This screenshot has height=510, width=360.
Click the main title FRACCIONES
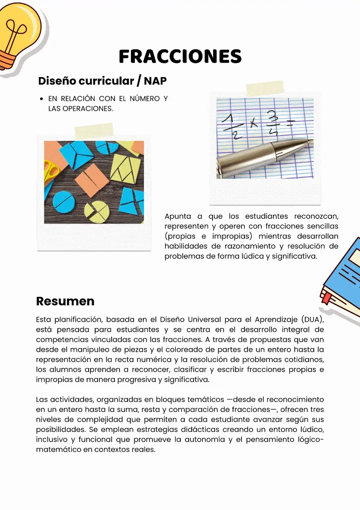tap(180, 56)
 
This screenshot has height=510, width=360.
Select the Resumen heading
tap(65, 301)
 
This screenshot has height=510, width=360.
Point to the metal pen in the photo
tap(264, 157)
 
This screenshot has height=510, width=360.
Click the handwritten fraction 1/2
tap(230, 126)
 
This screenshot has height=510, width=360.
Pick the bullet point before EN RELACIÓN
tap(41, 99)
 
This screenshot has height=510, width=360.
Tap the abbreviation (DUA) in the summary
tap(312, 319)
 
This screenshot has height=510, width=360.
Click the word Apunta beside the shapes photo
tap(177, 216)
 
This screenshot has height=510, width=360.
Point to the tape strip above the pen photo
tap(264, 89)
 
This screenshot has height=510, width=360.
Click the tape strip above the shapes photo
tap(94, 130)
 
